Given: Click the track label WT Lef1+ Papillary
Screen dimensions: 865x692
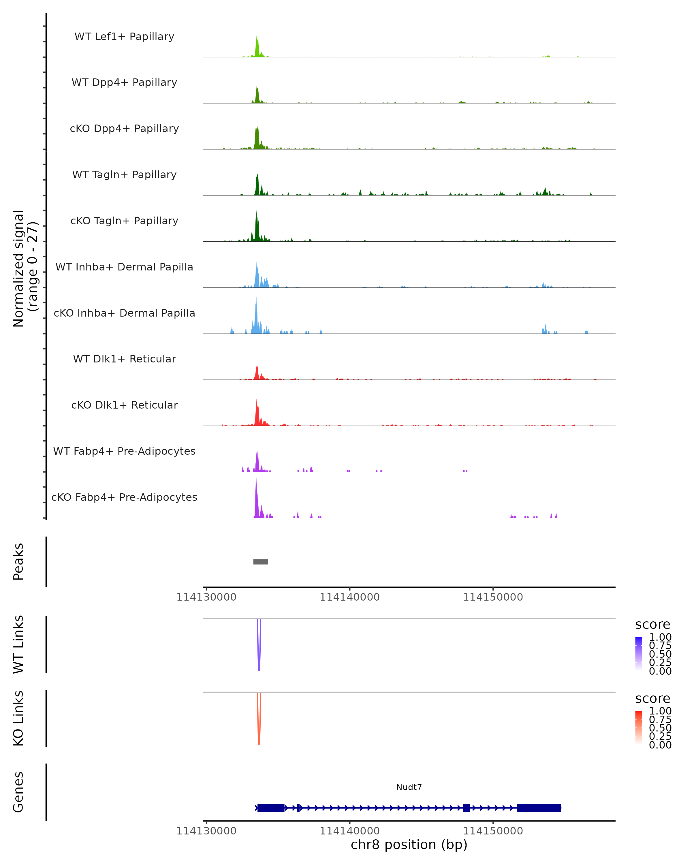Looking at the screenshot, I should pyautogui.click(x=124, y=37).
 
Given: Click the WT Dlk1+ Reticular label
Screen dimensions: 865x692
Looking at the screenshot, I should pyautogui.click(x=124, y=359).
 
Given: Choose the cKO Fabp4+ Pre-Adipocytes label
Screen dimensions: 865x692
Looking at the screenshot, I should pyautogui.click(x=124, y=497).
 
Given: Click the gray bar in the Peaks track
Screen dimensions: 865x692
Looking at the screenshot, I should pyautogui.click(x=260, y=562).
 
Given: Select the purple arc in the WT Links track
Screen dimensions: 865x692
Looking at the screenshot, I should pyautogui.click(x=259, y=658).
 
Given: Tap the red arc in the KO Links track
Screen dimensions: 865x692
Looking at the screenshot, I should pyautogui.click(x=259, y=732).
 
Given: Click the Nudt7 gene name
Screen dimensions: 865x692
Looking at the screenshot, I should pyautogui.click(x=409, y=787).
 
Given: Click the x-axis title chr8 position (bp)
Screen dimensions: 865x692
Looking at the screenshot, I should pyautogui.click(x=409, y=845).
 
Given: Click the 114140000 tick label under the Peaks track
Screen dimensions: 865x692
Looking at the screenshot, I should pyautogui.click(x=349, y=597).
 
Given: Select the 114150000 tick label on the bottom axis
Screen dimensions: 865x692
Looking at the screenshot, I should pyautogui.click(x=493, y=830).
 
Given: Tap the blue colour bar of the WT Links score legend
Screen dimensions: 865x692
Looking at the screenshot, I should pyautogui.click(x=639, y=654).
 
